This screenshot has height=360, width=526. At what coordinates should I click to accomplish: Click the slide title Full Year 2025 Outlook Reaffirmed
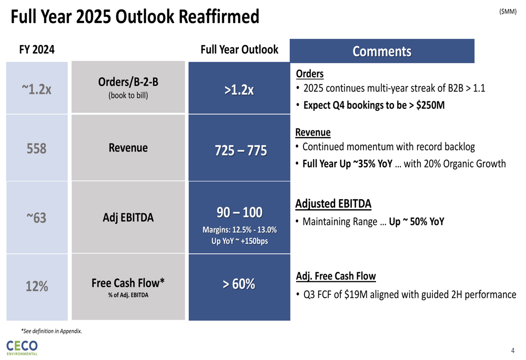click(135, 17)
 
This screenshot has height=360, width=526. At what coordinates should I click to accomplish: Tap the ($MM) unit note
click(508, 12)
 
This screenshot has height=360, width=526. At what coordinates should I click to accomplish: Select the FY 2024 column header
click(37, 50)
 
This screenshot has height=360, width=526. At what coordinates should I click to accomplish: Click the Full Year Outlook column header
click(239, 50)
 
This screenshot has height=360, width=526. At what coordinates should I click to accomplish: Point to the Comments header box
click(382, 52)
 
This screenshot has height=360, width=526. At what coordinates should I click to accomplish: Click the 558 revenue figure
click(37, 149)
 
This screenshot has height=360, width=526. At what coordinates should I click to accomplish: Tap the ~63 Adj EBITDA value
click(37, 217)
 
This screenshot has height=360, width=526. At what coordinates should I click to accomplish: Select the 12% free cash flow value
click(37, 286)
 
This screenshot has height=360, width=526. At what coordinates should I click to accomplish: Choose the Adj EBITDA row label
click(128, 217)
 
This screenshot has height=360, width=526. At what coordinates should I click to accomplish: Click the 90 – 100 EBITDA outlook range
click(239, 213)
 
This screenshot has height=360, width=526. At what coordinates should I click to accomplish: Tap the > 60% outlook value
click(239, 284)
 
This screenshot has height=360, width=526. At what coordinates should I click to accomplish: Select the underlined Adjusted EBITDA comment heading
click(333, 203)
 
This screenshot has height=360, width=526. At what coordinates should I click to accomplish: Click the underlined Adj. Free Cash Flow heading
click(336, 276)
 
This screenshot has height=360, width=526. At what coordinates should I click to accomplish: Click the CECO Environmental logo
click(22, 347)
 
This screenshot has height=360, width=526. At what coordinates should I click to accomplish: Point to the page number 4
click(513, 351)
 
